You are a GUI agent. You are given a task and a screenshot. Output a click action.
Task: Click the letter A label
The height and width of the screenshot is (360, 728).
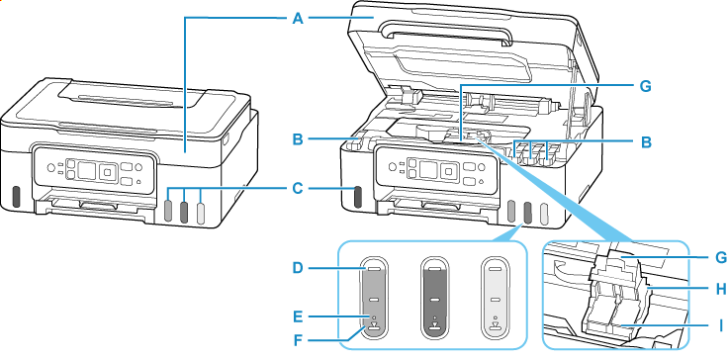298,19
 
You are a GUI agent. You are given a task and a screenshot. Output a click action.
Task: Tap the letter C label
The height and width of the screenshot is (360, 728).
298,189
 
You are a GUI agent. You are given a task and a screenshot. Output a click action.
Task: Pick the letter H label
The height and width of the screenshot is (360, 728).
720,289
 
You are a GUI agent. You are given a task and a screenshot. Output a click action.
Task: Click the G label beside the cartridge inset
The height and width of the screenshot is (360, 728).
720,255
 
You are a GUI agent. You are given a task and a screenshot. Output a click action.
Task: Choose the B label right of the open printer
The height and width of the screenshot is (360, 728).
646,142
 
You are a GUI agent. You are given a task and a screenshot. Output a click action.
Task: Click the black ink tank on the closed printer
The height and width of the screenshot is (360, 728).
15,197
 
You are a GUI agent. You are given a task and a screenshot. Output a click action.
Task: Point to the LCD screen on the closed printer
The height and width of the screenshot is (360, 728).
86,170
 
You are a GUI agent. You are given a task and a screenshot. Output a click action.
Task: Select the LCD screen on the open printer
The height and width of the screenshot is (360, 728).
428,169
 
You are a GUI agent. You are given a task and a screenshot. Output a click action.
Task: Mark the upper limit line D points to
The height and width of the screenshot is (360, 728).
374,268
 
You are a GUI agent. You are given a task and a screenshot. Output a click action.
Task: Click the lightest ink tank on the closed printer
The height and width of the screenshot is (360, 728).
201,211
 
